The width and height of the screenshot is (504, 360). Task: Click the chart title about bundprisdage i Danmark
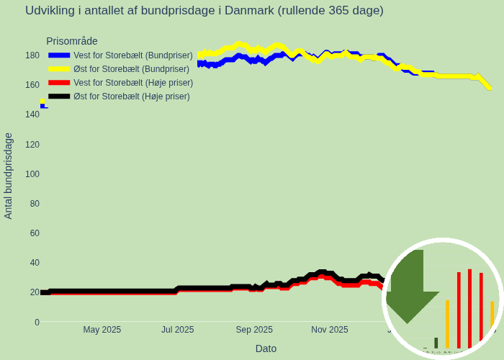click(x=204, y=11)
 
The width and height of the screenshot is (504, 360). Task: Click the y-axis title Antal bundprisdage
click(x=9, y=176)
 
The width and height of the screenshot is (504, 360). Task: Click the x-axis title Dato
click(x=266, y=348)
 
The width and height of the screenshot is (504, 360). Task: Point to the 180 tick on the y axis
click(x=32, y=55)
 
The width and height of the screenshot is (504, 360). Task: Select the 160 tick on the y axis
click(x=32, y=85)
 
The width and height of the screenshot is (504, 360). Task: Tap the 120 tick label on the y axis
click(x=32, y=144)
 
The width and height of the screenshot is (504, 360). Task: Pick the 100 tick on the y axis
click(x=32, y=174)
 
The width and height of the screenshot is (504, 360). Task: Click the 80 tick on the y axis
click(x=35, y=204)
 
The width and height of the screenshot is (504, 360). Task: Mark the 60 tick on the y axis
click(x=35, y=233)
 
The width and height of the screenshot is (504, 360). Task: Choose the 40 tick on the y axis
click(x=35, y=263)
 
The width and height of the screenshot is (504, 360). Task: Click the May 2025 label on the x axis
click(x=102, y=330)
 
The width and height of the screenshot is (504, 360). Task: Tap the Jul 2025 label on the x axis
click(x=177, y=330)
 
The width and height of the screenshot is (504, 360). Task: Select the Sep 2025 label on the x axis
click(x=254, y=330)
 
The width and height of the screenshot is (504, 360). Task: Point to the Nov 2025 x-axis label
click(x=330, y=330)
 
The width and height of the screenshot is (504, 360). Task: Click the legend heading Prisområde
click(x=72, y=42)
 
